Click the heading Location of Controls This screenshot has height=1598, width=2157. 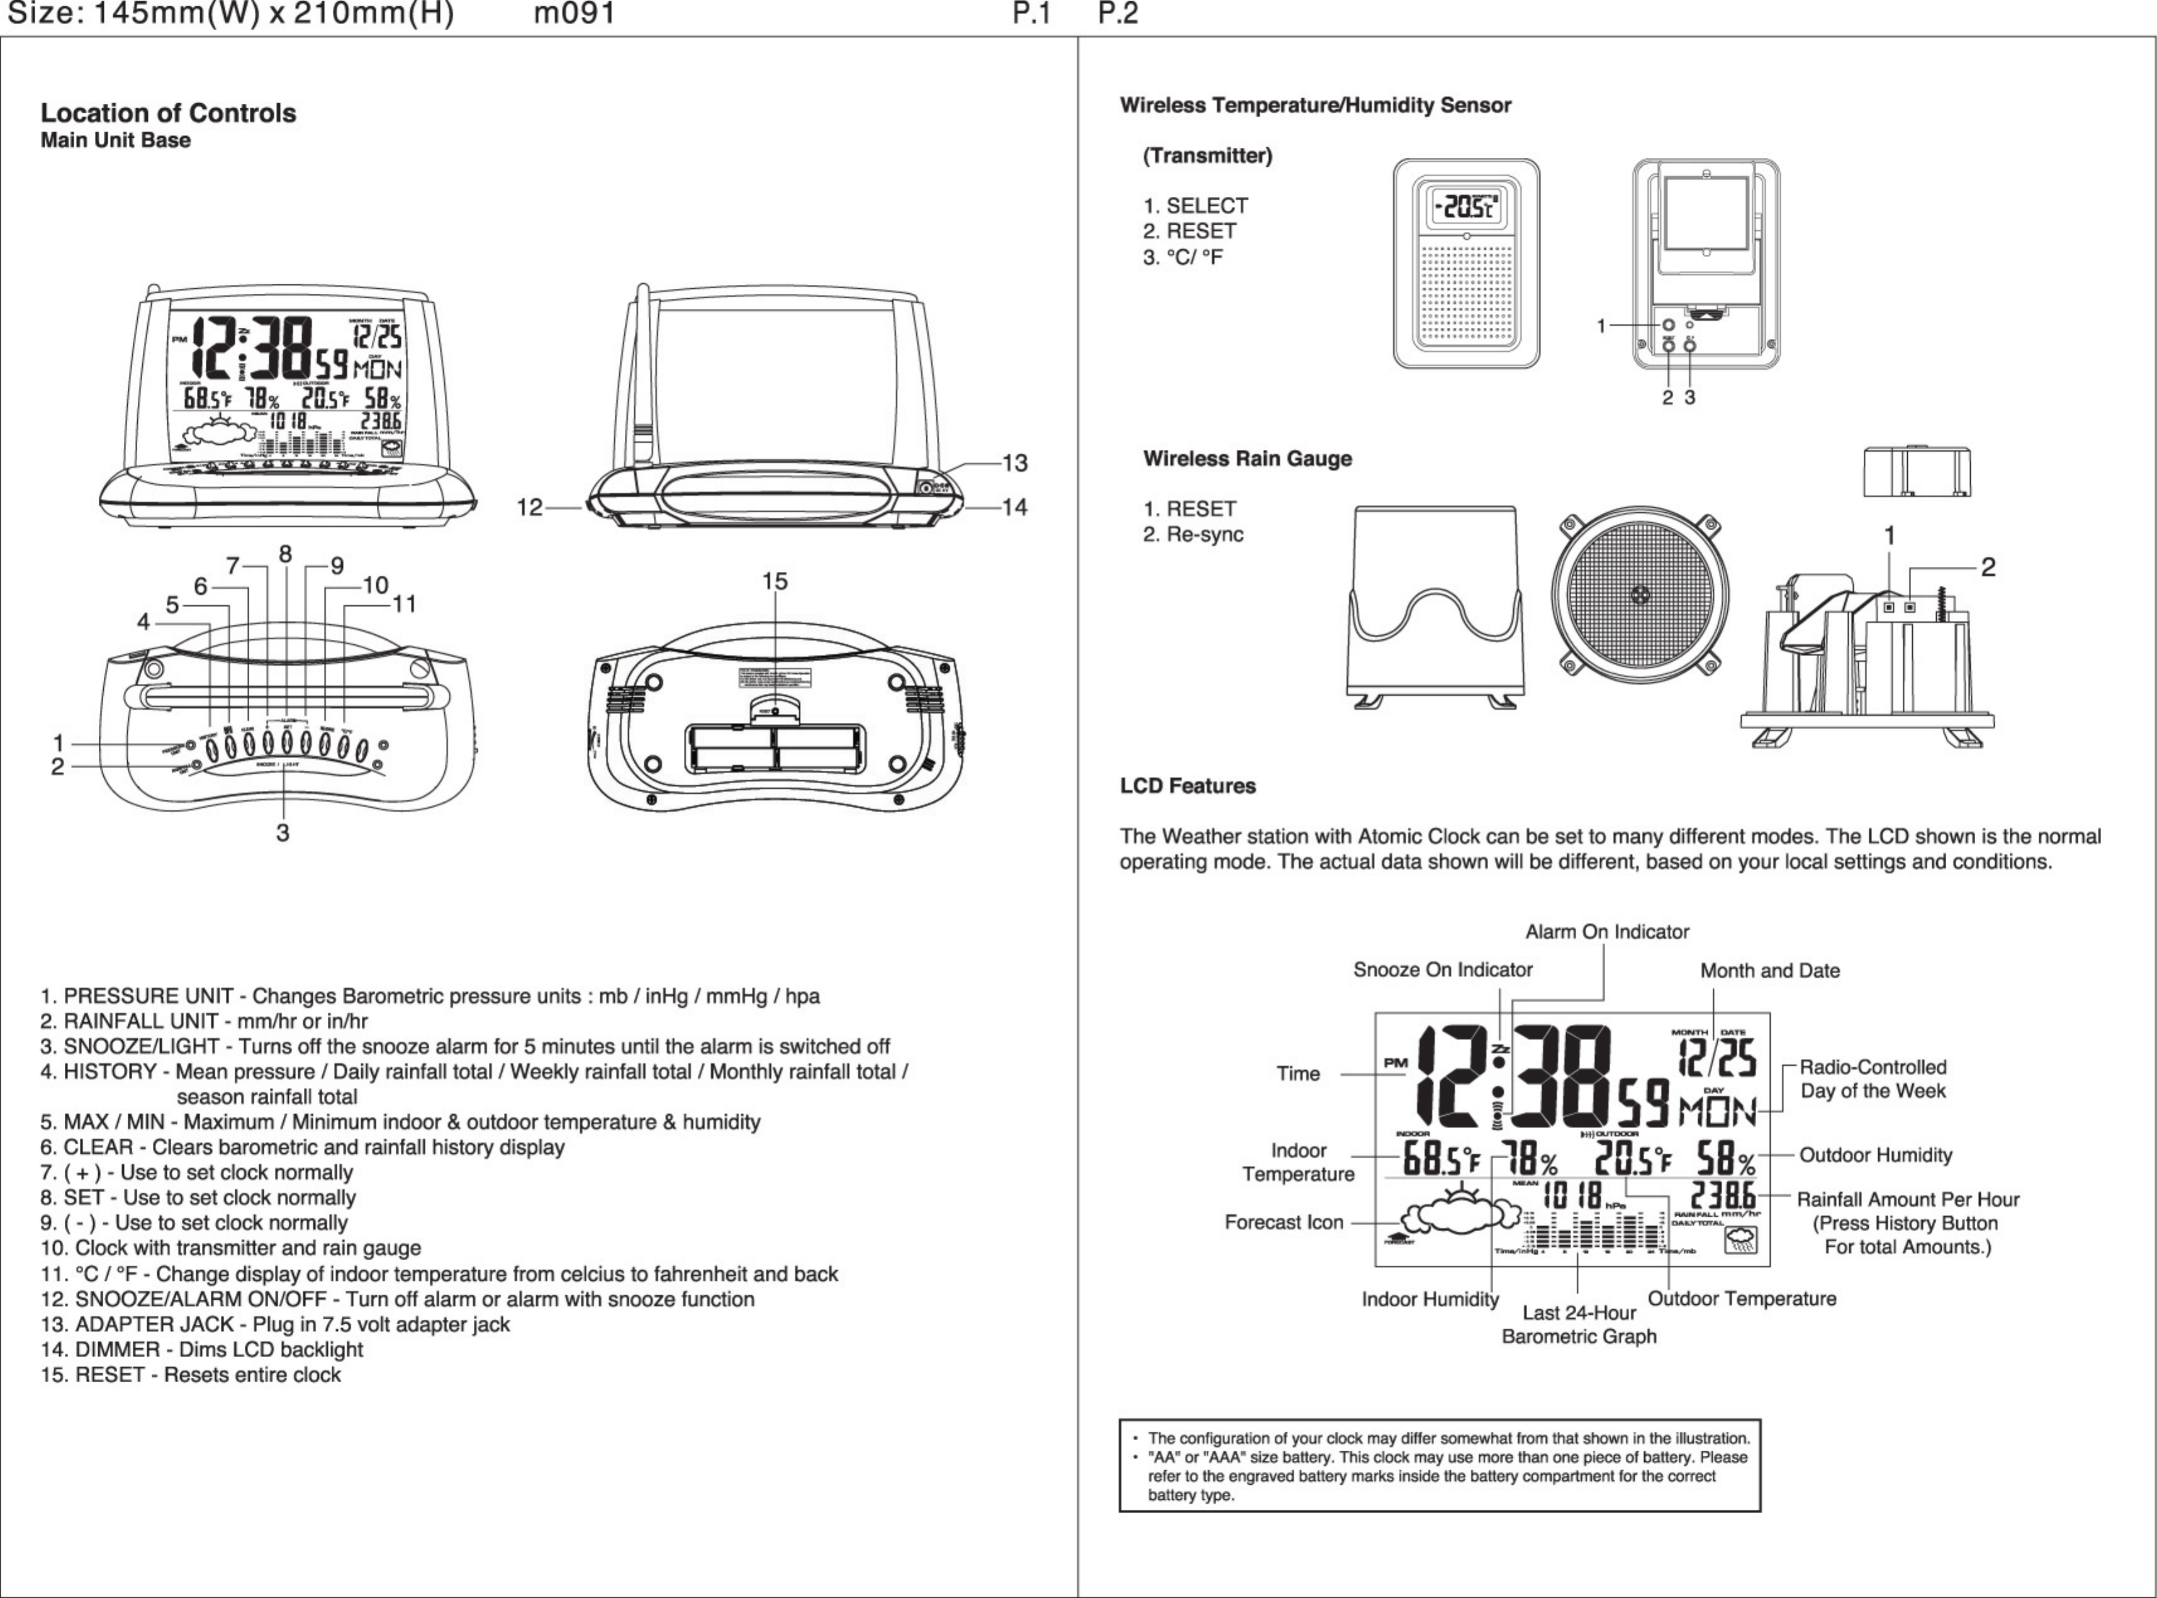pos(168,113)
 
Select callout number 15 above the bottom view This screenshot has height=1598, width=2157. pos(775,581)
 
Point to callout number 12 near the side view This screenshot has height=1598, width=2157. pos(529,507)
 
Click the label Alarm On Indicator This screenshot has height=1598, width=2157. pos(1606,932)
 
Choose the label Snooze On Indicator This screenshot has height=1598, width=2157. pos(1442,969)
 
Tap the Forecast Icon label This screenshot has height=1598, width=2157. pos(1284,1222)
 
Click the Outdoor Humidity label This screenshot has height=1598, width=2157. pos(1876,1155)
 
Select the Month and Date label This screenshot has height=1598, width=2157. pos(1770,970)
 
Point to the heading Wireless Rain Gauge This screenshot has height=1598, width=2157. pos(1247,459)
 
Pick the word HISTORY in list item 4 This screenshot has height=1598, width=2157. pos(110,1072)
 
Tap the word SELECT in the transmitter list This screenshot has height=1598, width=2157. pos(1207,206)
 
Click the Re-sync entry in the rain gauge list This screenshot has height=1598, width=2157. pos(1204,534)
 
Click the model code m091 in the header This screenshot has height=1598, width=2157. pos(574,14)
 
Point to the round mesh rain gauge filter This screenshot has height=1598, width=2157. pos(1640,593)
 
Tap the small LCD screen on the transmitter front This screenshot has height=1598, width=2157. pos(1466,206)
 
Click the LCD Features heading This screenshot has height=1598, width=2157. pos(1188,785)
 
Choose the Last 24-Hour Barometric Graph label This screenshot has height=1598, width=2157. pos(1579,1324)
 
